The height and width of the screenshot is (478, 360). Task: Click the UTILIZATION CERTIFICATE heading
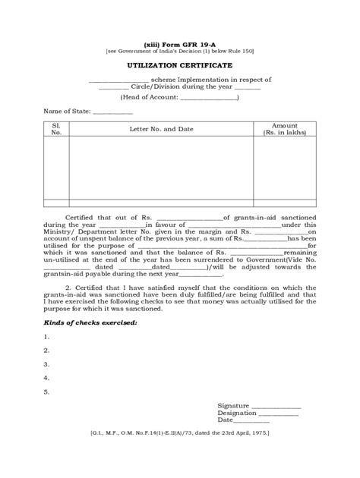180,67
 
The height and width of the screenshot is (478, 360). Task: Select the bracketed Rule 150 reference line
180,51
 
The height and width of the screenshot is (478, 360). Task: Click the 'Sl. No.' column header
55,128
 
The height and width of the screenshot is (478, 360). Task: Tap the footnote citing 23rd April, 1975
180,432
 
